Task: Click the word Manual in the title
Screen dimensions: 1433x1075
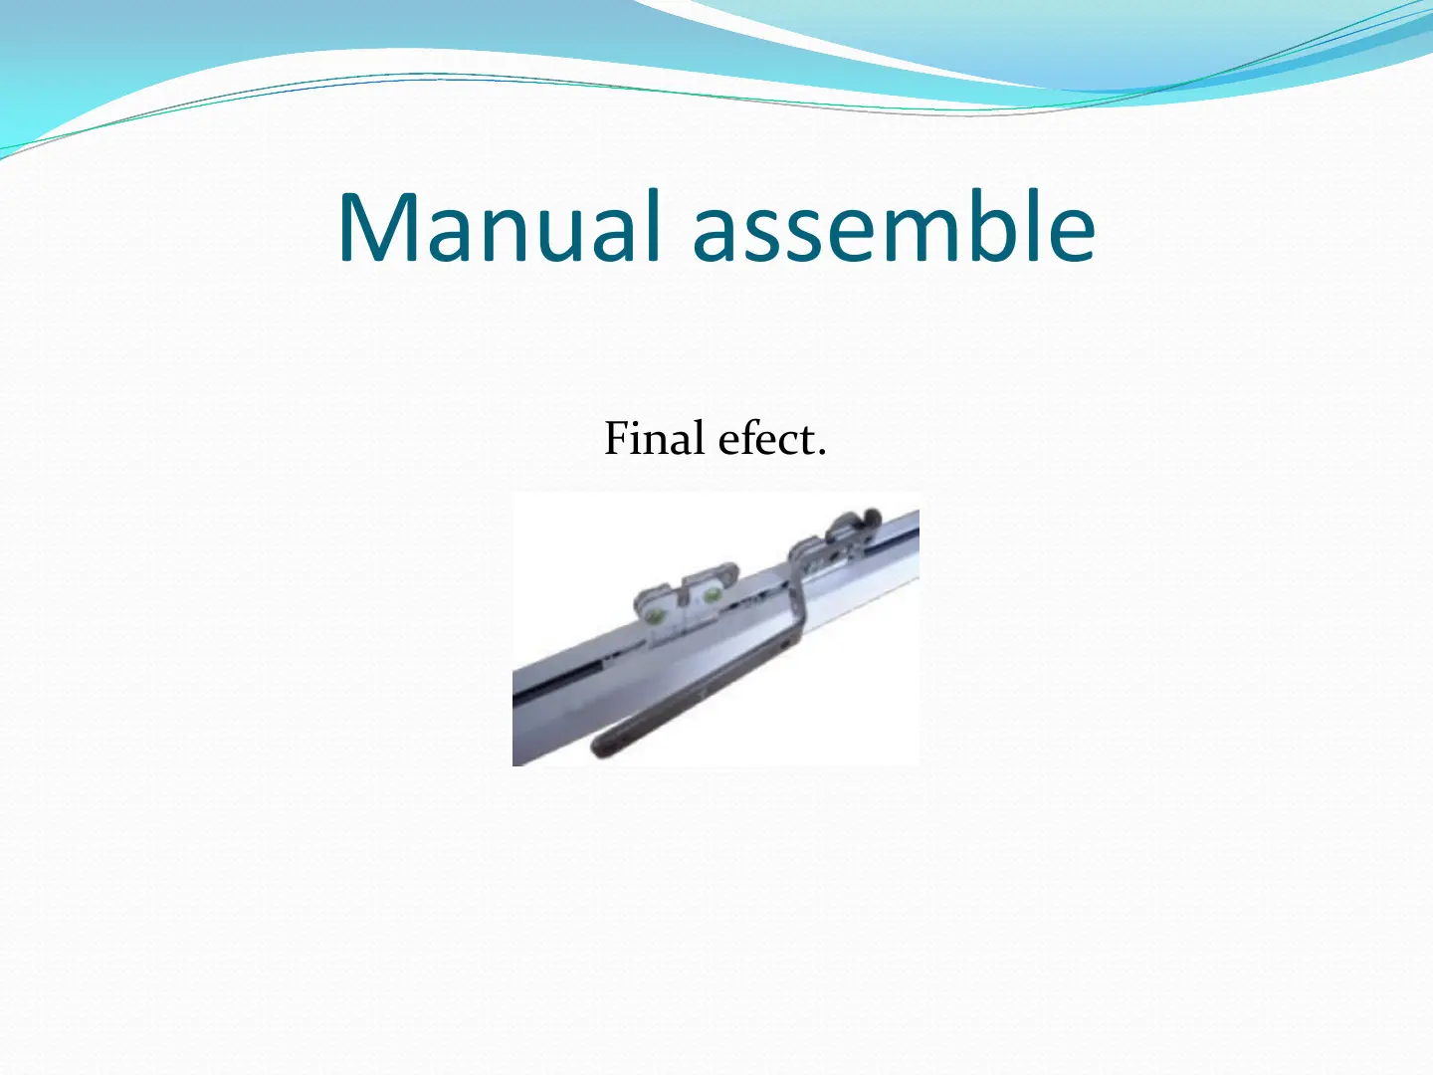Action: [500, 226]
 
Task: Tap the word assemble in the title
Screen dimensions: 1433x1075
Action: [894, 226]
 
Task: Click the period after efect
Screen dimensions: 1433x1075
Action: [821, 451]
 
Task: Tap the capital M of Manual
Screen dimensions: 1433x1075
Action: [379, 227]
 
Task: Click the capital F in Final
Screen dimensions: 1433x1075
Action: [618, 438]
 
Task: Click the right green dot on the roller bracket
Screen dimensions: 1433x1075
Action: [709, 594]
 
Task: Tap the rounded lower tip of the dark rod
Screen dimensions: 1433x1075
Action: [597, 748]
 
